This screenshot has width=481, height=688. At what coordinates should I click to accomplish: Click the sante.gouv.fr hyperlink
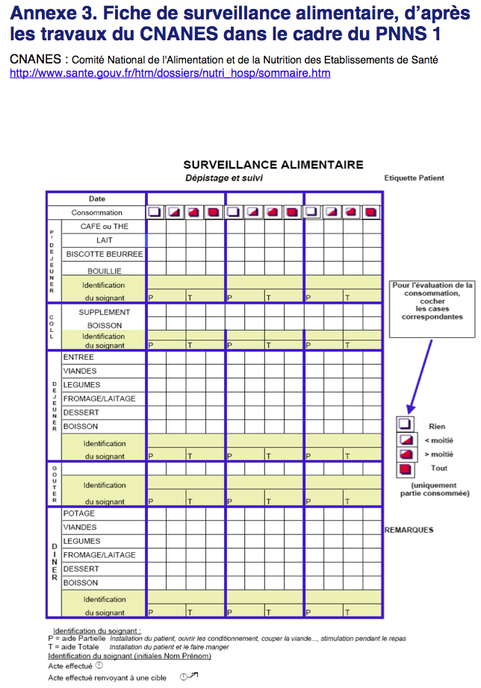[170, 73]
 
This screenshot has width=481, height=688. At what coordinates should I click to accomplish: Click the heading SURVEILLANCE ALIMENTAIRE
[273, 165]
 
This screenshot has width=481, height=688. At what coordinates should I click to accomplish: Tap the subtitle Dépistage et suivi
[224, 178]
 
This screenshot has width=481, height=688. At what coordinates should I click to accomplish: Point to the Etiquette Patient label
[414, 178]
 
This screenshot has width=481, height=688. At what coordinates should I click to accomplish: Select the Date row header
[97, 199]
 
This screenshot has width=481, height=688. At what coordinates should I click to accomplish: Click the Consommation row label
[97, 213]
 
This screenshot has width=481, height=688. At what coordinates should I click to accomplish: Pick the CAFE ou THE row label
[105, 226]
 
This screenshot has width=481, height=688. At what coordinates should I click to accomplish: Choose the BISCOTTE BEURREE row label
[104, 254]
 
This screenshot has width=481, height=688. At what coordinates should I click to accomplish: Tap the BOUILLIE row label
[104, 271]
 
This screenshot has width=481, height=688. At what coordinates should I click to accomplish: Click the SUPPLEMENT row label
[105, 312]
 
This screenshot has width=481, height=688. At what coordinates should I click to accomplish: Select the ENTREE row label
[78, 357]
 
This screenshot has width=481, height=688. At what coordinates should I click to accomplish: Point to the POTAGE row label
[79, 513]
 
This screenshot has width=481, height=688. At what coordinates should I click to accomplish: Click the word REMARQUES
[409, 530]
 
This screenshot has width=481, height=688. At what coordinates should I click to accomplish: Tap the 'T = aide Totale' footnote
[72, 647]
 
